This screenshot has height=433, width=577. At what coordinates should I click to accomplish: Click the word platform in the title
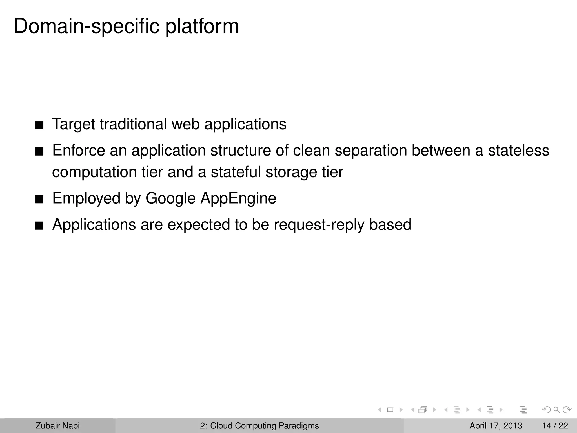coord(202,26)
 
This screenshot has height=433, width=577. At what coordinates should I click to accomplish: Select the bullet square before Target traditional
coord(39,125)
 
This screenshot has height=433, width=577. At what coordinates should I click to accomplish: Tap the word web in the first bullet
coord(185,124)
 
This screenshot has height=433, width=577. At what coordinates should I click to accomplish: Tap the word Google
coord(170,198)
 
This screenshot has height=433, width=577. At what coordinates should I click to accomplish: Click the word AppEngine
coord(238,198)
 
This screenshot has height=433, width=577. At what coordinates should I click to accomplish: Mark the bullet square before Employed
coord(39,200)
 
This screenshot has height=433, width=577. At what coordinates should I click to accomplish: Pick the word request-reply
coord(319,225)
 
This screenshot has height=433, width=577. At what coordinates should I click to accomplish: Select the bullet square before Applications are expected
coord(39,226)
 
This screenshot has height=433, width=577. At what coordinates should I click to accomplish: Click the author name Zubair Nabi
coord(57,426)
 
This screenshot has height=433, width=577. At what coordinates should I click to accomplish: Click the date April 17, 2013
coord(496,426)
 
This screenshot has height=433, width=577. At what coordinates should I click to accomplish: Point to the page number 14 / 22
coord(555,426)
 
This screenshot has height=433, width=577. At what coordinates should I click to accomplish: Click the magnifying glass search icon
coord(556,410)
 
